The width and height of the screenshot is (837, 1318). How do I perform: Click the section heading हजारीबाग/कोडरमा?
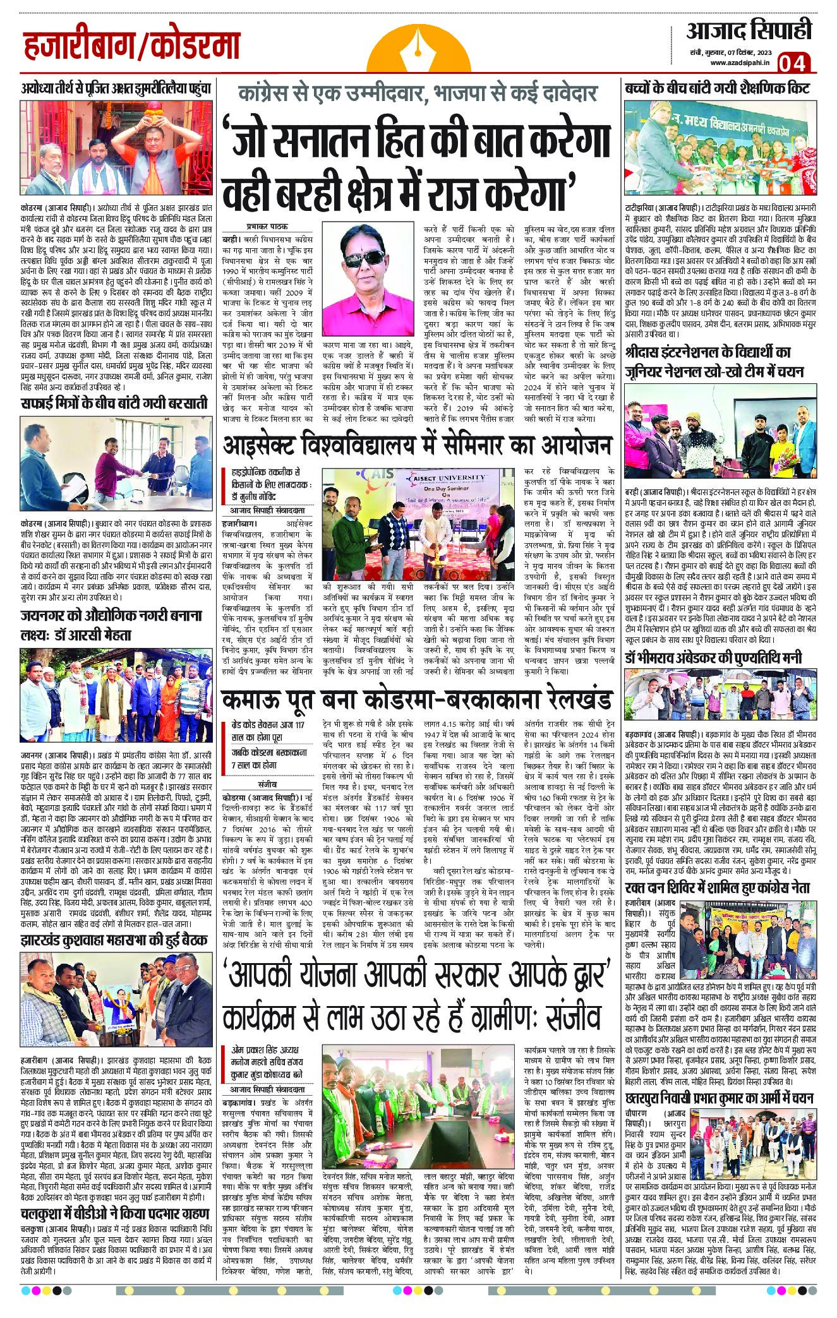pyautogui.click(x=133, y=46)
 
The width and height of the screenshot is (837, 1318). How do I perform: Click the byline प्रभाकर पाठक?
pyautogui.click(x=263, y=226)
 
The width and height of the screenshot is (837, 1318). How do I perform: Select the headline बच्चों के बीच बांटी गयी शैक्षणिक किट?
pyautogui.click(x=718, y=87)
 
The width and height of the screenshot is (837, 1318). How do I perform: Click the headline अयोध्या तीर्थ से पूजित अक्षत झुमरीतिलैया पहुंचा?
pyautogui.click(x=114, y=88)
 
